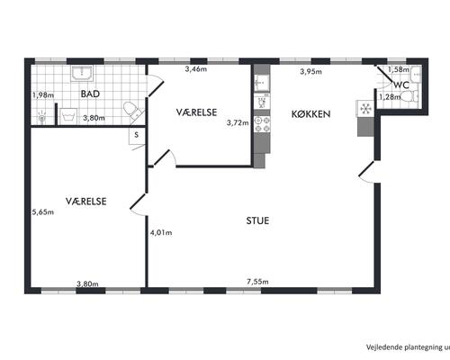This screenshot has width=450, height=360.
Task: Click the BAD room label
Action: [90, 94]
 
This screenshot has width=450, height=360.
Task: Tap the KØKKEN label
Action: [310, 114]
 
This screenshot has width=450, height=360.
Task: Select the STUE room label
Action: [257, 220]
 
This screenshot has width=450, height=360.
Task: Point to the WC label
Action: [401, 85]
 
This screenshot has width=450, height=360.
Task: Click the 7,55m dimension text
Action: [257, 282]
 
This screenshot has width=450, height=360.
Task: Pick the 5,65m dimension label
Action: [43, 212]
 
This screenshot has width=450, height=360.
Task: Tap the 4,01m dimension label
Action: [161, 232]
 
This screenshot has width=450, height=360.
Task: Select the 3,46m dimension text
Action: [196, 69]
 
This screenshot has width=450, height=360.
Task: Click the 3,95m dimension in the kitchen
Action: [310, 71]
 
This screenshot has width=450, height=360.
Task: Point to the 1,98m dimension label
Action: [43, 95]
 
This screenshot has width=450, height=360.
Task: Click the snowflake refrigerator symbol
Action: [365, 108]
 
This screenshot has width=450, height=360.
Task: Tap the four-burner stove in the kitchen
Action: [262, 124]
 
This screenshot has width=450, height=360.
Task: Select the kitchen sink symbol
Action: [262, 83]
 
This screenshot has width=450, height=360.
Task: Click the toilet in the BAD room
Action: [132, 112]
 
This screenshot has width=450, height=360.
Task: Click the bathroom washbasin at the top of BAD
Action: [82, 73]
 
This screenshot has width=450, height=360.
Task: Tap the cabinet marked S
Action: [137, 136]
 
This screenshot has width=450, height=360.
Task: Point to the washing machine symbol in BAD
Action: [67, 116]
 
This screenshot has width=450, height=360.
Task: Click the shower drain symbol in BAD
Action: [42, 117]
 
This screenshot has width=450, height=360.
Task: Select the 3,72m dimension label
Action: [238, 122]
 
